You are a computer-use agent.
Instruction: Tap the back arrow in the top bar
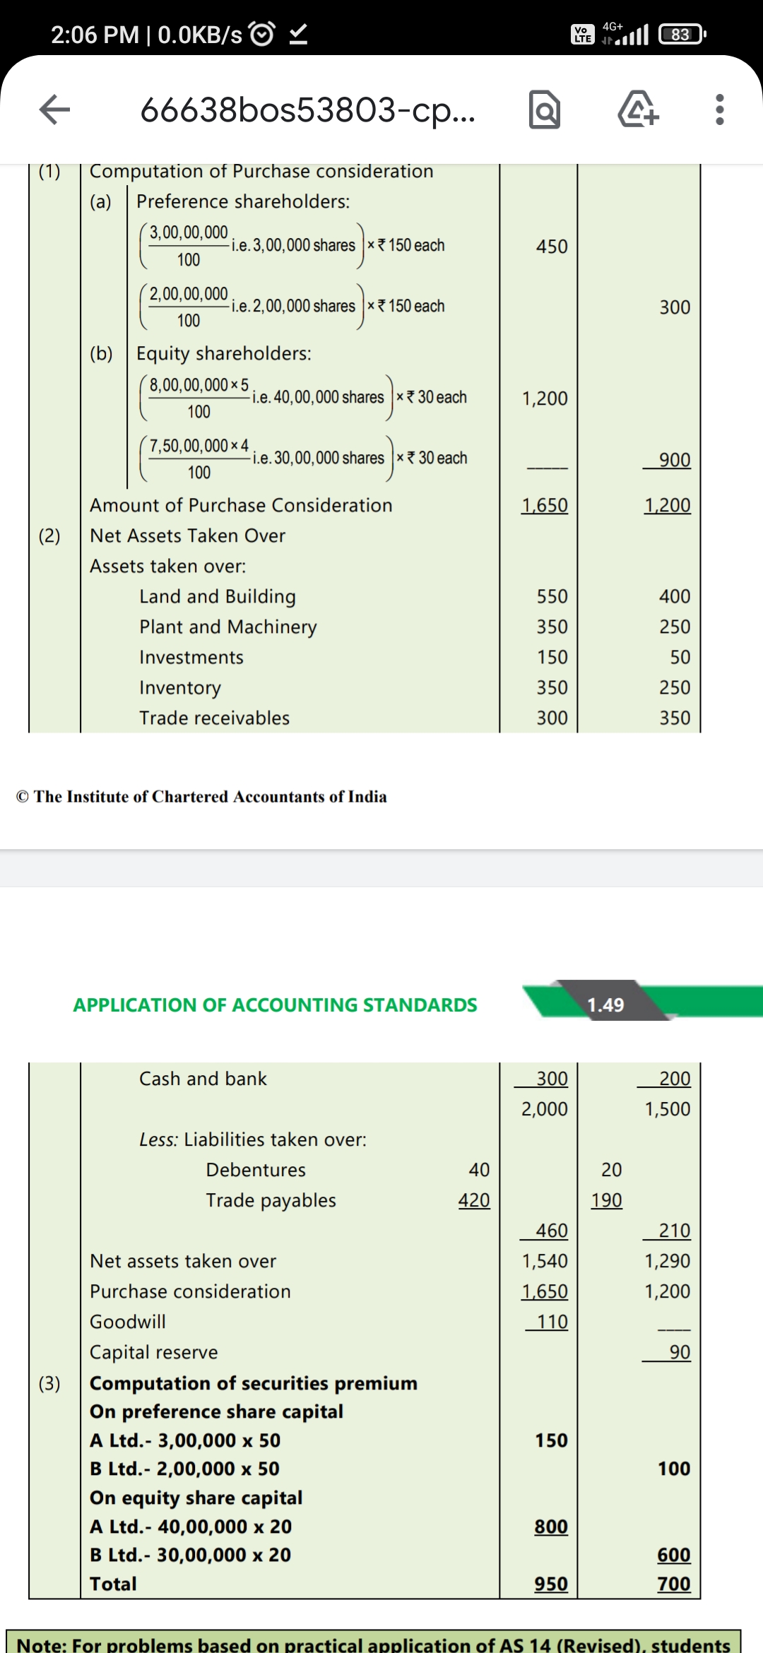[x=54, y=109]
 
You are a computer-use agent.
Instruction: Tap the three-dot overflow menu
[x=719, y=109]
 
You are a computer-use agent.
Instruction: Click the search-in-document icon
[x=544, y=109]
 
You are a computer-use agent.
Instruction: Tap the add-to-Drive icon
[x=638, y=109]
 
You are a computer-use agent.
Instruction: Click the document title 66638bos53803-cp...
[x=307, y=109]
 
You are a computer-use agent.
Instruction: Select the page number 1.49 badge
[x=605, y=1005]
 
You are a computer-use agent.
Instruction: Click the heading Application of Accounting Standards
[x=275, y=1005]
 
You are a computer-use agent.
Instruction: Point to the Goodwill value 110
[x=552, y=1322]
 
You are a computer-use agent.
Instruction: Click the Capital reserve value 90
[x=679, y=1352]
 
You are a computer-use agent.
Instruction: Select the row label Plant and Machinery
[x=227, y=627]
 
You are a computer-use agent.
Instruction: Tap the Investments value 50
[x=680, y=657]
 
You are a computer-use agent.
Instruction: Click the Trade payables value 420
[x=473, y=1200]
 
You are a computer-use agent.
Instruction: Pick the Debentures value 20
[x=611, y=1170]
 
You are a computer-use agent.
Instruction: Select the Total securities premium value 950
[x=551, y=1584]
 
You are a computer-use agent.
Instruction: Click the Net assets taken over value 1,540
[x=544, y=1261]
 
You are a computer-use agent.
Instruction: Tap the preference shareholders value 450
[x=551, y=247]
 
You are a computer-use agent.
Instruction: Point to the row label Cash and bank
[x=203, y=1079]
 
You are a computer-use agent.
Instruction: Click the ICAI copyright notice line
[x=201, y=796]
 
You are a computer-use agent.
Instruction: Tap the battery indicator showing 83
[x=681, y=34]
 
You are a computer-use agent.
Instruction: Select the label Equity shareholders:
[x=223, y=353]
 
